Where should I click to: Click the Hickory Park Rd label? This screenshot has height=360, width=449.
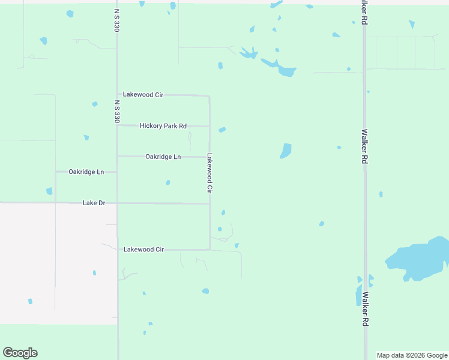(x=163, y=126)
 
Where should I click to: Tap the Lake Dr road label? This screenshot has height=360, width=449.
(x=94, y=203)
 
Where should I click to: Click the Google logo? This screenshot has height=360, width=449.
(x=20, y=353)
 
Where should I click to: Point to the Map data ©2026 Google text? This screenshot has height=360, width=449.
(x=412, y=355)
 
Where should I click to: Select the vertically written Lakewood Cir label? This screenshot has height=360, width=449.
(x=209, y=173)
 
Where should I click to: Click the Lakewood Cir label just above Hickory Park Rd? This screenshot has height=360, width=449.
(x=143, y=95)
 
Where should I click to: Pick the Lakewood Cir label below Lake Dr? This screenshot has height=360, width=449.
(x=143, y=249)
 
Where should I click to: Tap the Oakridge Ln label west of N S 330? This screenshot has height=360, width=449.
(x=86, y=172)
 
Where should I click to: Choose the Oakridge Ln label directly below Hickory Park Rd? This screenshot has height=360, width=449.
(x=163, y=157)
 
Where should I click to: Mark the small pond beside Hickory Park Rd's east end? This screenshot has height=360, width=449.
(x=222, y=130)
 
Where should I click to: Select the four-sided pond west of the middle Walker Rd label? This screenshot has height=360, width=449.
(x=286, y=151)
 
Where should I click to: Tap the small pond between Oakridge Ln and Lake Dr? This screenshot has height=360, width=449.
(x=168, y=182)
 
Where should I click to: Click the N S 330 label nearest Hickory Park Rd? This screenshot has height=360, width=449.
(x=117, y=111)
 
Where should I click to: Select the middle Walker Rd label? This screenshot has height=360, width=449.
(x=364, y=147)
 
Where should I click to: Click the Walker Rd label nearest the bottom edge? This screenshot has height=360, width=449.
(x=364, y=310)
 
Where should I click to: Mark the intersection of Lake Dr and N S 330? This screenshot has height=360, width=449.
(x=117, y=203)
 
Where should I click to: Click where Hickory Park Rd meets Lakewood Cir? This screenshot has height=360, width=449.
(x=209, y=126)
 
